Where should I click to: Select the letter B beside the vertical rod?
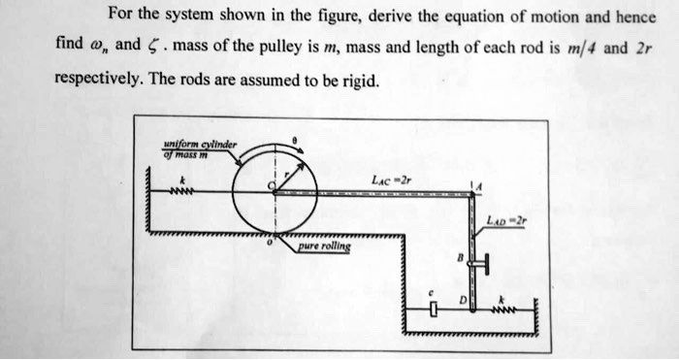[x=460, y=258]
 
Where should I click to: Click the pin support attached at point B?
[x=482, y=262]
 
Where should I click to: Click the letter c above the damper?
[x=432, y=289]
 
